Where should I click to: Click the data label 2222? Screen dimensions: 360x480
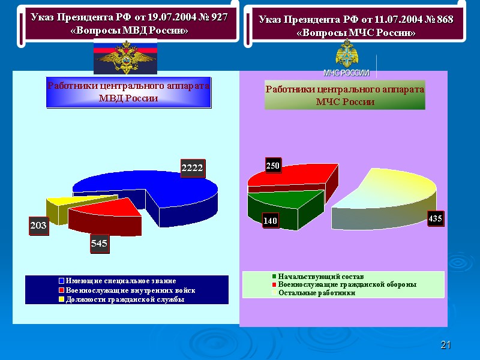point(192,169)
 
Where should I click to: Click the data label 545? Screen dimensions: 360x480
point(99,245)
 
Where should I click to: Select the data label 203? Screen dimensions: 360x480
point(38,226)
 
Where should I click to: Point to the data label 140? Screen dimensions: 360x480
point(271,221)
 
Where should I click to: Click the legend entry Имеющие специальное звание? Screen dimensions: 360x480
point(120,281)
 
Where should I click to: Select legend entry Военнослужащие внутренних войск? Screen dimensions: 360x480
point(129,290)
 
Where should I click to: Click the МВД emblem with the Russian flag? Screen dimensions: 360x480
point(125,56)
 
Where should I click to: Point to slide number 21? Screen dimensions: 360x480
point(445,344)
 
